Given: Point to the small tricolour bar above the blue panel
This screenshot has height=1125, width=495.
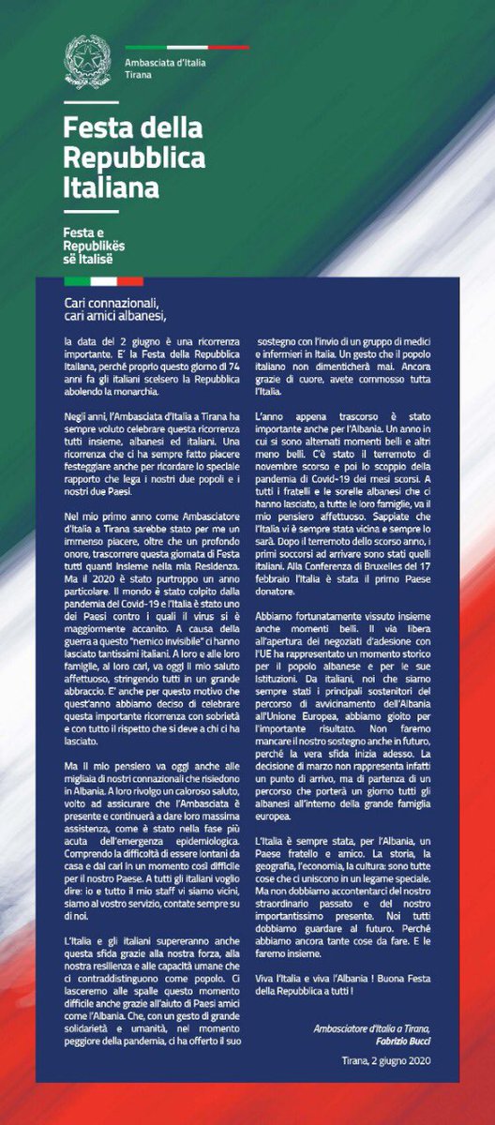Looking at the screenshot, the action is point(103,279).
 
